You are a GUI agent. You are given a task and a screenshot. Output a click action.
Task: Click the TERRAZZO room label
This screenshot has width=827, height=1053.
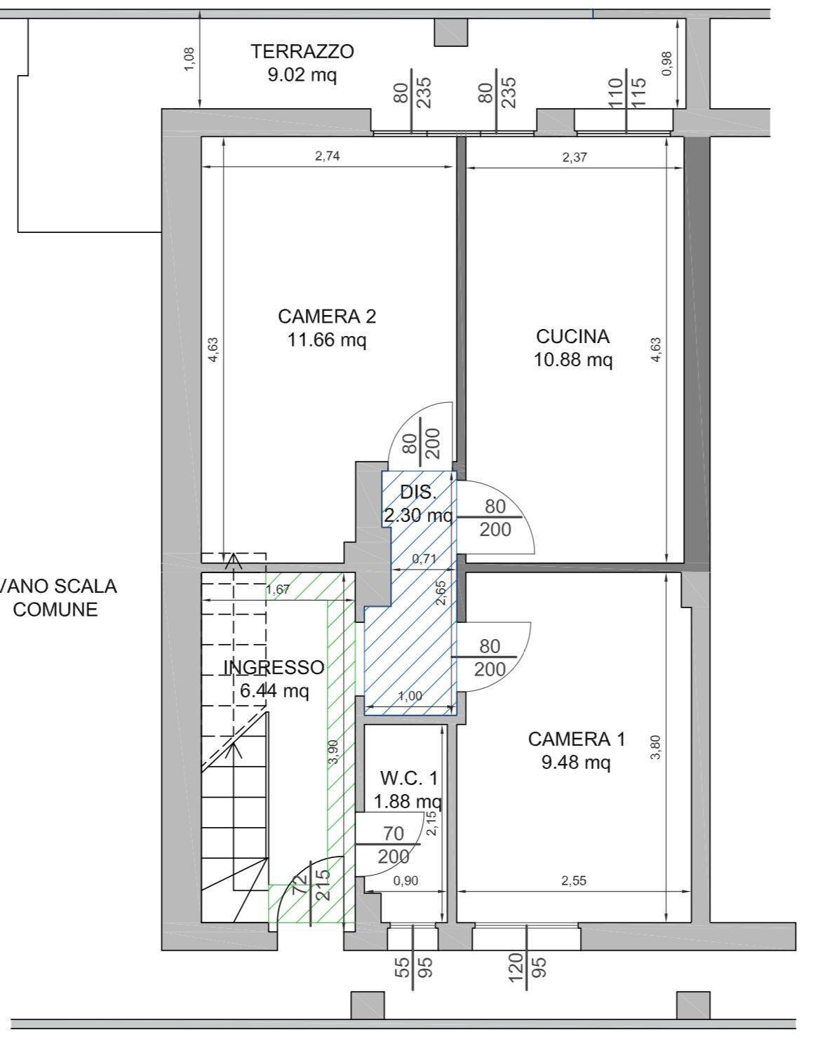coord(302,51)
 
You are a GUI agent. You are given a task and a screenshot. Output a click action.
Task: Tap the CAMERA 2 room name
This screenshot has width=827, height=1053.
coord(327,316)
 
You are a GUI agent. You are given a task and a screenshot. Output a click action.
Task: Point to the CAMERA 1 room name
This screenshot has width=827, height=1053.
coord(577,739)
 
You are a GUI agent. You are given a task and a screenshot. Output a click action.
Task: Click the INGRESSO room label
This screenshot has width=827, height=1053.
coord(274,667)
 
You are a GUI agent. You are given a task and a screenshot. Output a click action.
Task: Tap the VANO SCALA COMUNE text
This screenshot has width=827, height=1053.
coord(55,598)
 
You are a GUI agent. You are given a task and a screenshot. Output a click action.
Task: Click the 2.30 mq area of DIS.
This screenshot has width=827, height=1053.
coord(419,515)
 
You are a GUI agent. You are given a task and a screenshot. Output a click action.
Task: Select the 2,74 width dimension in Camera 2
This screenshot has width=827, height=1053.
coord(328,156)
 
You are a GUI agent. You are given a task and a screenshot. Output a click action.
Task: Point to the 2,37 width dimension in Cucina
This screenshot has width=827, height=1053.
coord(574,157)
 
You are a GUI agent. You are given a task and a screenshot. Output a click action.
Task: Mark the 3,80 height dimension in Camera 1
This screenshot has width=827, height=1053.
coord(655,748)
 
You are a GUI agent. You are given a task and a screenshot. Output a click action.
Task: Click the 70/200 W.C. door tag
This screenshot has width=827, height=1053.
coord(394,845)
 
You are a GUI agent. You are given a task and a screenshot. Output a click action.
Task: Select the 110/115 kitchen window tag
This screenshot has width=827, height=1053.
coord(626,93)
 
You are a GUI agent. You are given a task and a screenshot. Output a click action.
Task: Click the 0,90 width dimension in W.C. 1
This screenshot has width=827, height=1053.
coord(406,880)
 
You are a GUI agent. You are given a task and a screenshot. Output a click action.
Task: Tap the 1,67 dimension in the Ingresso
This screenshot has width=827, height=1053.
coord(278,590)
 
